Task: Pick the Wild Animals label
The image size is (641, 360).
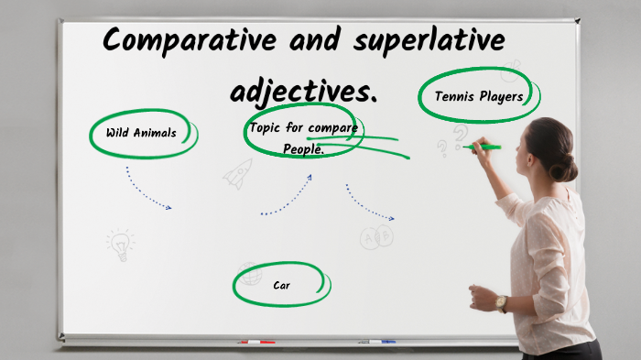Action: [x=141, y=133]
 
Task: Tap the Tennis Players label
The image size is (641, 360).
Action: [x=479, y=96]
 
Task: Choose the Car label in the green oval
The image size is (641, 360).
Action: [x=281, y=285]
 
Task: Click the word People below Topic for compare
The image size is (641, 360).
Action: [x=303, y=149]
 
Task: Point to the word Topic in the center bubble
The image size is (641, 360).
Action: [x=265, y=127]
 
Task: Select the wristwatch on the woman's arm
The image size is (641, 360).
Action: [x=501, y=303]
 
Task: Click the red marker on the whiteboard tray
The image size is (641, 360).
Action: [x=256, y=342]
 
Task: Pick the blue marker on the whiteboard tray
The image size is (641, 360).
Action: [x=377, y=342]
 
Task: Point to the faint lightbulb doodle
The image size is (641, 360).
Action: [x=119, y=243]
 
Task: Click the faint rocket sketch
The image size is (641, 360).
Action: [x=239, y=172]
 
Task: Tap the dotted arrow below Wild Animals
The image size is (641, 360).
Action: [x=147, y=189]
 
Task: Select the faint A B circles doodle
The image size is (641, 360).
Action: [x=375, y=238]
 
